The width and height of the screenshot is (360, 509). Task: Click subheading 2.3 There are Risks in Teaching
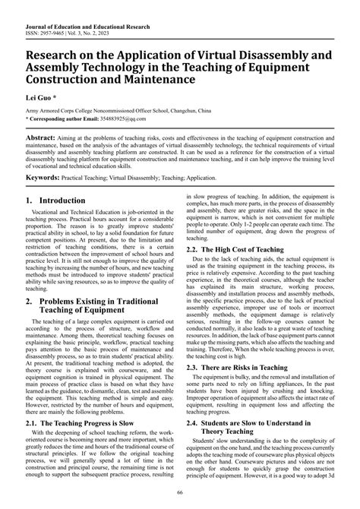coord(242,388)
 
